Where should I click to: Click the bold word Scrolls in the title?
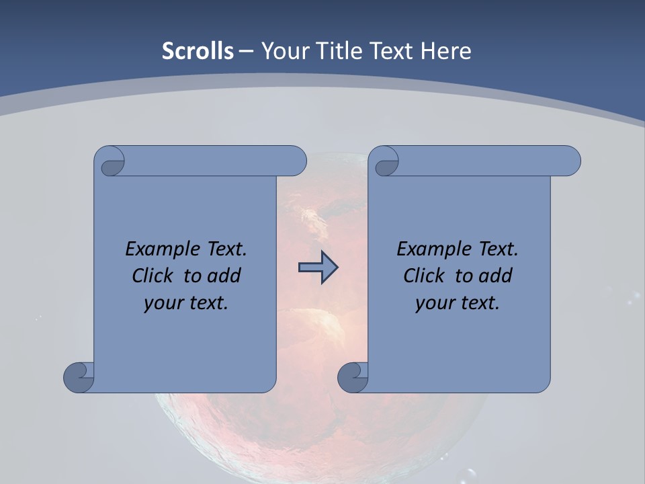click(198, 51)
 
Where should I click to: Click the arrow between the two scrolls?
click(318, 268)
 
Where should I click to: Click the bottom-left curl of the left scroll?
click(79, 377)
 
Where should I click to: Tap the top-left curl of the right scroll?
click(385, 163)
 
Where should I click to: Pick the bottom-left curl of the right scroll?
click(353, 377)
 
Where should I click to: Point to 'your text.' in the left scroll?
click(186, 303)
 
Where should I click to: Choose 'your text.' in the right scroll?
click(458, 303)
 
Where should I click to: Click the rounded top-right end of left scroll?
click(296, 161)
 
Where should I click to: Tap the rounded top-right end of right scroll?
click(570, 161)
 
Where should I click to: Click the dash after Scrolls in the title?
click(246, 51)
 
